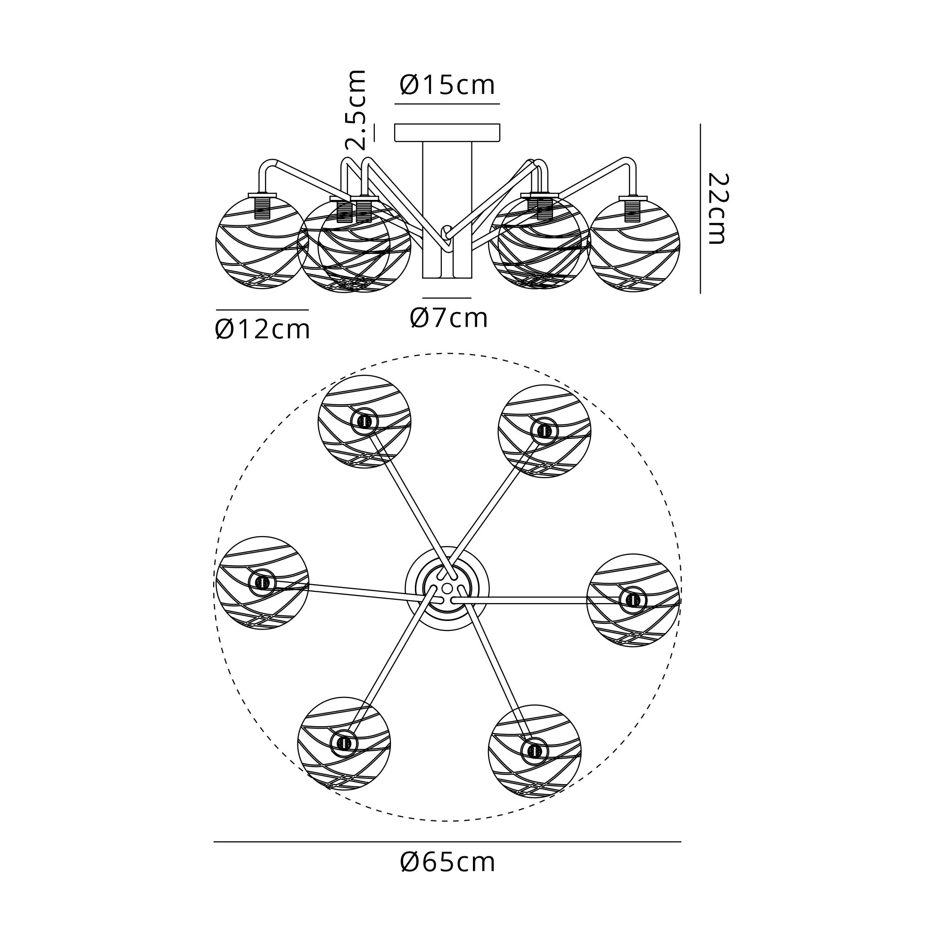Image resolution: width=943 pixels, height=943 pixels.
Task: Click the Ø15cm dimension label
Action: pos(447,85)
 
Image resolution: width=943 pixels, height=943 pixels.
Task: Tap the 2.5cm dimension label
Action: pos(355,110)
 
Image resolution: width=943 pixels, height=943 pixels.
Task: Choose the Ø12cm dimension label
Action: pos(262,330)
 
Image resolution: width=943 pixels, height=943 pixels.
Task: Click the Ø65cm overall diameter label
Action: pos(447,862)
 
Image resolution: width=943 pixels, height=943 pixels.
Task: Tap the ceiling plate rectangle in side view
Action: pos(447,133)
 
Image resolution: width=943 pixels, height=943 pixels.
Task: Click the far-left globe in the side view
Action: pos(262,242)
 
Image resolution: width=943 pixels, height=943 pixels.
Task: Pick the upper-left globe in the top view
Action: pos(364,422)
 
